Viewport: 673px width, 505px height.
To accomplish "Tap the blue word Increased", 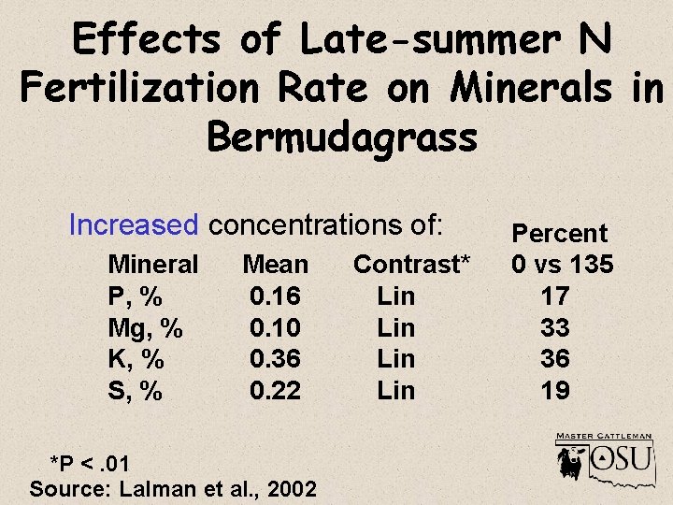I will click(x=134, y=225).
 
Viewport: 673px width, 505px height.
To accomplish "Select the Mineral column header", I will click(x=153, y=265).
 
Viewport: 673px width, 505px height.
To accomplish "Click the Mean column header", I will click(x=275, y=265).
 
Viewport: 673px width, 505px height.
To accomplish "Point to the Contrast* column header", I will click(x=411, y=265).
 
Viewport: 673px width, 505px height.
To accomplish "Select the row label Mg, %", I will click(x=145, y=328).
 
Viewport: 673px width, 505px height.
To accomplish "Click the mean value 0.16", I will click(x=275, y=296).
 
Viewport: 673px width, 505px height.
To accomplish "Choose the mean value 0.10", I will click(x=275, y=328).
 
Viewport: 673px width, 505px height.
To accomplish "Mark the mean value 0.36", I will click(x=275, y=359).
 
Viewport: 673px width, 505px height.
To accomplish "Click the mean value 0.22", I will click(x=275, y=391).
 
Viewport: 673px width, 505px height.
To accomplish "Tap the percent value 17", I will click(x=555, y=296).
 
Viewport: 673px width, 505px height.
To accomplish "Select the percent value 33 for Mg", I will click(x=555, y=328).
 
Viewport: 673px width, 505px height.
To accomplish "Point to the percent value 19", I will click(x=555, y=391).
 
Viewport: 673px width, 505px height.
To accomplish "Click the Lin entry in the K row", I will click(x=395, y=359).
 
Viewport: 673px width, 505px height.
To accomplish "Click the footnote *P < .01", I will click(x=91, y=464).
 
